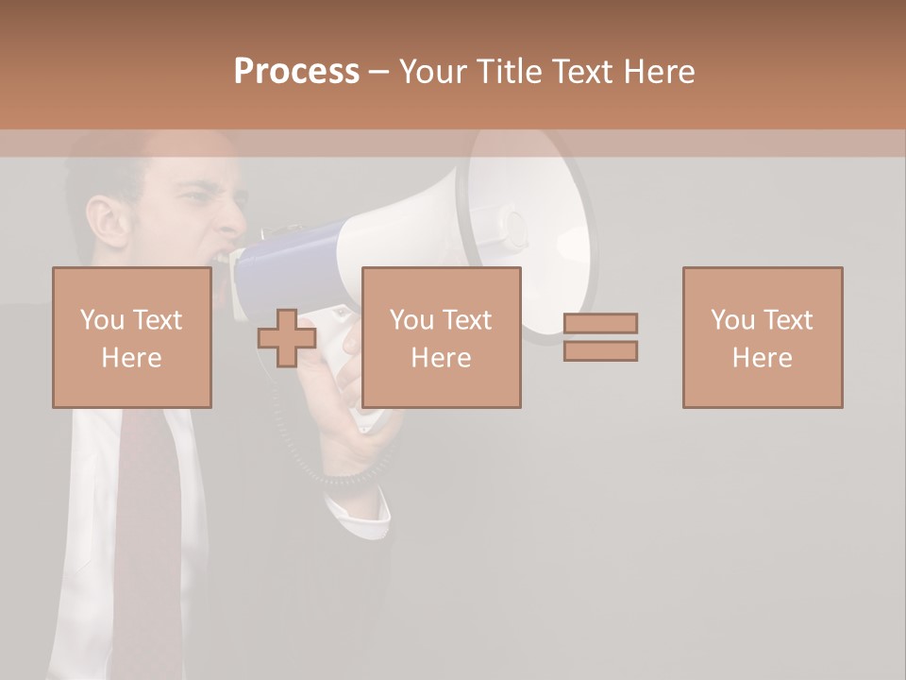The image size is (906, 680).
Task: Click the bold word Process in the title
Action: (x=296, y=72)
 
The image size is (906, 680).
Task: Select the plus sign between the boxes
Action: (x=287, y=338)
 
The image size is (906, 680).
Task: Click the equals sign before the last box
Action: (x=600, y=337)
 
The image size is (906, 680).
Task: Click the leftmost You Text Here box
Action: (x=131, y=337)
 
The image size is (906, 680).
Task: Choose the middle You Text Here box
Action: (x=441, y=337)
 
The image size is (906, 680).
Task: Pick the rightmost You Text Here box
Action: (x=762, y=337)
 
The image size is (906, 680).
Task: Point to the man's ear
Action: (x=103, y=219)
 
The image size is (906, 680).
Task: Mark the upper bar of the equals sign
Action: (x=600, y=324)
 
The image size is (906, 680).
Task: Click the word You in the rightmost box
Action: (x=732, y=320)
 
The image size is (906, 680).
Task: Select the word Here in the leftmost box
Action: (x=131, y=358)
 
